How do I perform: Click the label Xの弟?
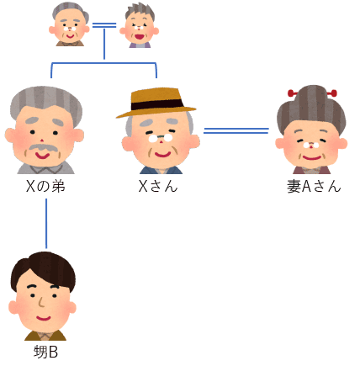point(45,186)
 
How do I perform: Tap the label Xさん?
point(158,186)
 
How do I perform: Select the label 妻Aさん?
point(314,186)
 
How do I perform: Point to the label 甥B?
point(45,352)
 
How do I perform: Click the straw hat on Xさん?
point(156,103)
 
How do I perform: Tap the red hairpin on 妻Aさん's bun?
point(312,93)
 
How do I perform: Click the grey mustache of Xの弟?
point(43,148)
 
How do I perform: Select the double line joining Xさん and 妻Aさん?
point(236,130)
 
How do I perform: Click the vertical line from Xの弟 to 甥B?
point(46,224)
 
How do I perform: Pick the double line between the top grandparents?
point(104,25)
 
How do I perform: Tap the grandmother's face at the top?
point(140,29)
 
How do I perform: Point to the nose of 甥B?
point(41,302)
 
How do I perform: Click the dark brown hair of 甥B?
point(43,268)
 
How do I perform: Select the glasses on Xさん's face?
point(161,138)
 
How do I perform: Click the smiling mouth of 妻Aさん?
point(312,158)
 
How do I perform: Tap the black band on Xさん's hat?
point(156,105)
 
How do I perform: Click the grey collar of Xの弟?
point(46,168)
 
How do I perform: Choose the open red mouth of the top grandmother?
point(140,36)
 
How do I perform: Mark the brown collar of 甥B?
point(45,336)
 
